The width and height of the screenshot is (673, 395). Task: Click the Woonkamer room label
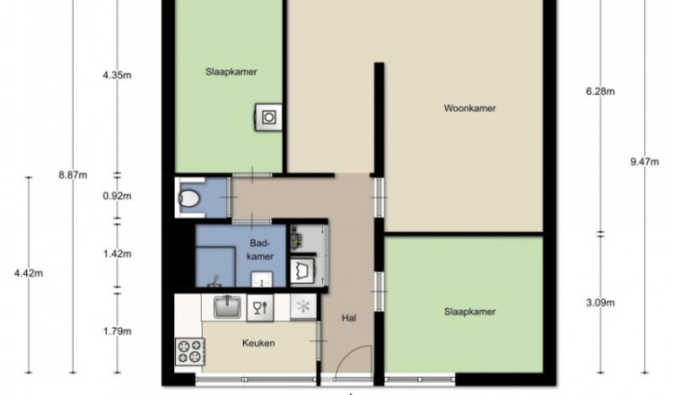(x=469, y=108)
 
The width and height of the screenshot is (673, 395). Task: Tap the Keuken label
(x=258, y=343)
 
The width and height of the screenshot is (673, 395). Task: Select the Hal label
(x=349, y=318)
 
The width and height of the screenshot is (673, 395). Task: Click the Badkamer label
(x=261, y=250)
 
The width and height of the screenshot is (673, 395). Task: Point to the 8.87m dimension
(x=73, y=175)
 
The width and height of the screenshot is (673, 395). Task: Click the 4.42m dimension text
(x=29, y=273)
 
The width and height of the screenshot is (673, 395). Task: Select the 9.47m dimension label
(x=644, y=161)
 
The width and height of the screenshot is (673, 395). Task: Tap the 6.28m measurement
(x=600, y=91)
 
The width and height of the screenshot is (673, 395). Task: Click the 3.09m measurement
(x=600, y=303)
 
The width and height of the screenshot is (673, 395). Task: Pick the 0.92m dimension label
(x=118, y=196)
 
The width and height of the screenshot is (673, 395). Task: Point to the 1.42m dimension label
(x=118, y=253)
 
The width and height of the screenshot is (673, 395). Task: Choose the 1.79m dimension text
(x=118, y=331)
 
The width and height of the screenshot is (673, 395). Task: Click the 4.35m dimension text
(x=118, y=75)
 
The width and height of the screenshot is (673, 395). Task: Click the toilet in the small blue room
(x=188, y=198)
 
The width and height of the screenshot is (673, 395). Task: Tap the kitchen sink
(x=228, y=306)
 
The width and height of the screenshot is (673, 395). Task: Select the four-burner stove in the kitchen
(x=189, y=351)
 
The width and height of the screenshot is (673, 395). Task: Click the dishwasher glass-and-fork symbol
(x=260, y=307)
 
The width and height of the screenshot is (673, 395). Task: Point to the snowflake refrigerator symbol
(x=303, y=306)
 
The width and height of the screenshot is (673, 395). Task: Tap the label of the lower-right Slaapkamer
(x=469, y=312)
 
